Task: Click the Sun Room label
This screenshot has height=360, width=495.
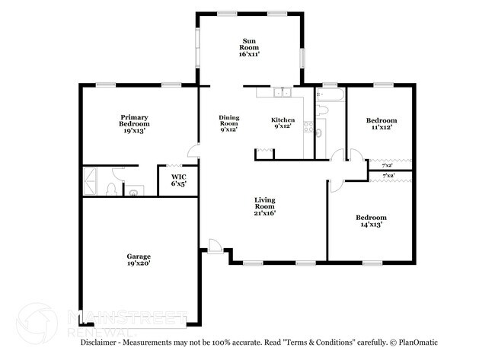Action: click(x=249, y=47)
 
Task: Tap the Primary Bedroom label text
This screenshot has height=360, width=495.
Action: click(x=134, y=124)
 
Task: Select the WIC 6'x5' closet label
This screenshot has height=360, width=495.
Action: click(x=177, y=180)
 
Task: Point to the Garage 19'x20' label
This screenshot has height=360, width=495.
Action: click(x=139, y=261)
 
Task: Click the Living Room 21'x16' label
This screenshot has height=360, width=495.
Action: click(x=264, y=206)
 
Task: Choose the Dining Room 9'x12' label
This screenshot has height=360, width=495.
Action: click(x=228, y=123)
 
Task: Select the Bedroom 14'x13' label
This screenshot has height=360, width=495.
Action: click(x=371, y=221)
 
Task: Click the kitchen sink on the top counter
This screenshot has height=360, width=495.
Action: click(x=283, y=94)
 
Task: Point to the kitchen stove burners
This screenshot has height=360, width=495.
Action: click(x=308, y=127)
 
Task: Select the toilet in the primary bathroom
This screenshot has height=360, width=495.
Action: click(x=113, y=188)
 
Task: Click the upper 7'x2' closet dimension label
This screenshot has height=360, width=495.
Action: click(x=387, y=165)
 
